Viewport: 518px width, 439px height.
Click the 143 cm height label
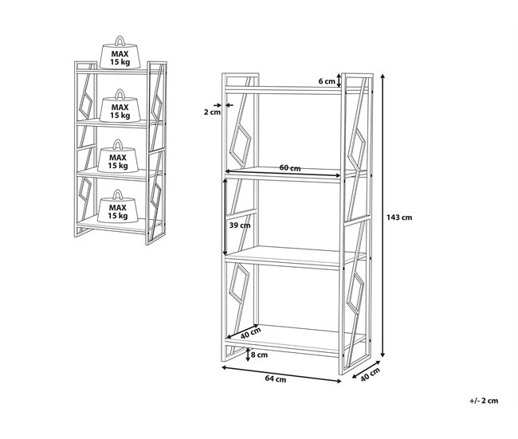[399, 217]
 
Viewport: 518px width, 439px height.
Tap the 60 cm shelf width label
[289, 168]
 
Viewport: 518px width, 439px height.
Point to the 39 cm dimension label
[240, 225]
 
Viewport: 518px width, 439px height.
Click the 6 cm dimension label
[328, 81]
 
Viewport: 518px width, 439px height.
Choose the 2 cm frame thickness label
[211, 112]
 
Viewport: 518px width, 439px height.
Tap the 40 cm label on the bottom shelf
[251, 333]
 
